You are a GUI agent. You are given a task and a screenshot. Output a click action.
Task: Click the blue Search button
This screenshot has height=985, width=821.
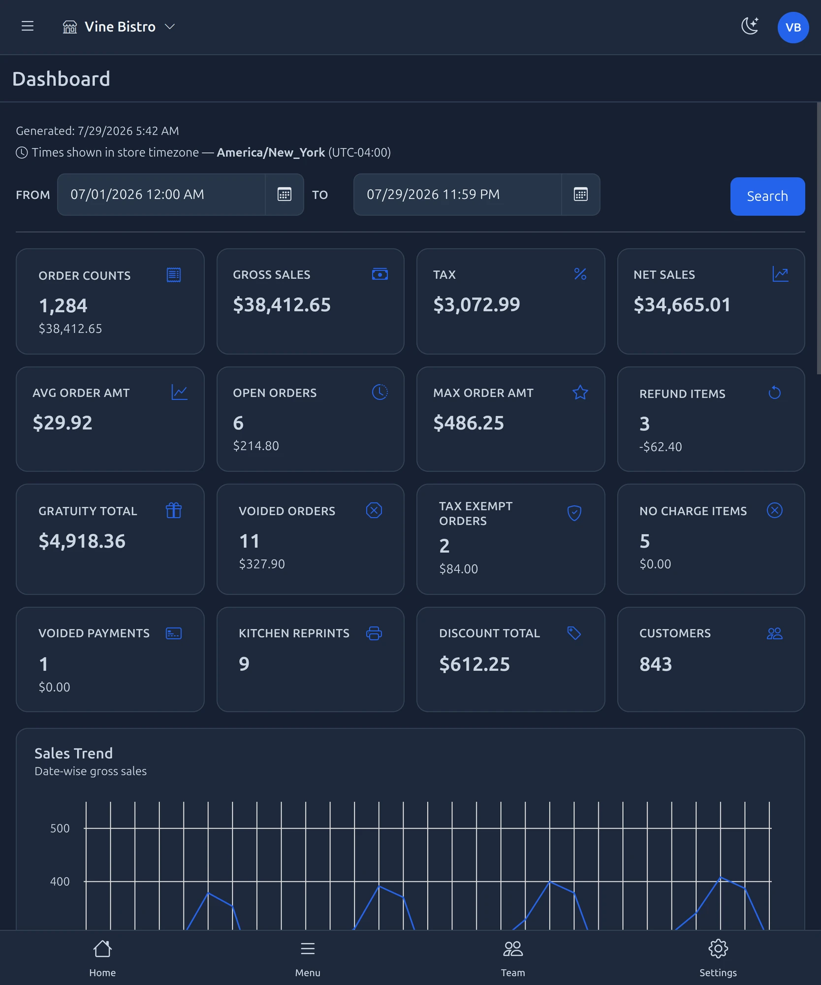pyautogui.click(x=767, y=196)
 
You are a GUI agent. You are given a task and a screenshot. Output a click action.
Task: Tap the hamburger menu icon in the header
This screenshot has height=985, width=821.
pyautogui.click(x=28, y=26)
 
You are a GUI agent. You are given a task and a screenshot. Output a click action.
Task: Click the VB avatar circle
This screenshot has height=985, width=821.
pyautogui.click(x=793, y=28)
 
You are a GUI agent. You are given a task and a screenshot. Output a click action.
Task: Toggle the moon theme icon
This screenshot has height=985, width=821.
pyautogui.click(x=750, y=26)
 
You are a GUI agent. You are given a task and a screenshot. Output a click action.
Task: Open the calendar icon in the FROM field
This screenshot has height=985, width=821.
pyautogui.click(x=284, y=194)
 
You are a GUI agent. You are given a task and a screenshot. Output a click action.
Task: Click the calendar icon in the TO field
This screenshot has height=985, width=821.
pyautogui.click(x=581, y=194)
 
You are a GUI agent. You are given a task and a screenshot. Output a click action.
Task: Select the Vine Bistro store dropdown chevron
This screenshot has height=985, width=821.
pyautogui.click(x=170, y=27)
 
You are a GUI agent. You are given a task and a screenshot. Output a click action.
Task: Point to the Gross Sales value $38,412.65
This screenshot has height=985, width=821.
pyautogui.click(x=282, y=305)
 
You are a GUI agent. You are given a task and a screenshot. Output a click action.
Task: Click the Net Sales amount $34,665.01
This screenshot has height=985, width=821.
pyautogui.click(x=682, y=305)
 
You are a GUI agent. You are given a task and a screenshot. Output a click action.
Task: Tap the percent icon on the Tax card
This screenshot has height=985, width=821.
pyautogui.click(x=580, y=274)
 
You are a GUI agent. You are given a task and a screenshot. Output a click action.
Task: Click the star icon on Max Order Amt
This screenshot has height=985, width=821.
pyautogui.click(x=580, y=392)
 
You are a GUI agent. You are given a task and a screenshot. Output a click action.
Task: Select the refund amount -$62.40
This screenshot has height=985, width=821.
pyautogui.click(x=661, y=447)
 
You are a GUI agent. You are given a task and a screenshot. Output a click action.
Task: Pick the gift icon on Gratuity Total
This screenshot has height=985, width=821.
pyautogui.click(x=174, y=510)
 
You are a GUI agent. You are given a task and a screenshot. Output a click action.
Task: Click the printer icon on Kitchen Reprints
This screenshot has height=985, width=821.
pyautogui.click(x=374, y=633)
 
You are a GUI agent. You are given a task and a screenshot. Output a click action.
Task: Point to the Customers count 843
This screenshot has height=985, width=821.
pyautogui.click(x=656, y=664)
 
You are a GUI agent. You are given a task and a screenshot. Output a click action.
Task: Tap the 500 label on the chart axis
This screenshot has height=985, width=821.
pyautogui.click(x=60, y=828)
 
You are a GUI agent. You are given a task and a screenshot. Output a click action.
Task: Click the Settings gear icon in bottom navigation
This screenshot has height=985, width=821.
pyautogui.click(x=718, y=949)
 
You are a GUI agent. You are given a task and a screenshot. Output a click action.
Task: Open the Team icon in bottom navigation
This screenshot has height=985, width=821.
pyautogui.click(x=513, y=949)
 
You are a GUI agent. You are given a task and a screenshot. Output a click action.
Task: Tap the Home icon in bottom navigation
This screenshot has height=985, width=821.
pyautogui.click(x=102, y=949)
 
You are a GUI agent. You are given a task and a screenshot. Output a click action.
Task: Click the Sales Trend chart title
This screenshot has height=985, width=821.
pyautogui.click(x=74, y=753)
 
